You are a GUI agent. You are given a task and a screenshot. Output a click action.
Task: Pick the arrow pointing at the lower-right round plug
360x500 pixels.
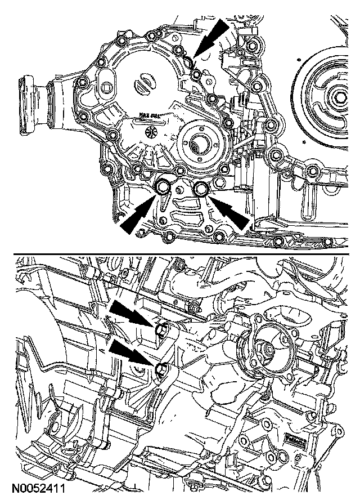click(231, 212)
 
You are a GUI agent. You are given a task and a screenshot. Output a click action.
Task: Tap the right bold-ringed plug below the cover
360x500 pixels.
click(201, 189)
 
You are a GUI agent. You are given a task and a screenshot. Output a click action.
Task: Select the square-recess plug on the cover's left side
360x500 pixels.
click(107, 89)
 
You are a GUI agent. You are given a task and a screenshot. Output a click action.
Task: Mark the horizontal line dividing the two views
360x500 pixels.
click(180, 253)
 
